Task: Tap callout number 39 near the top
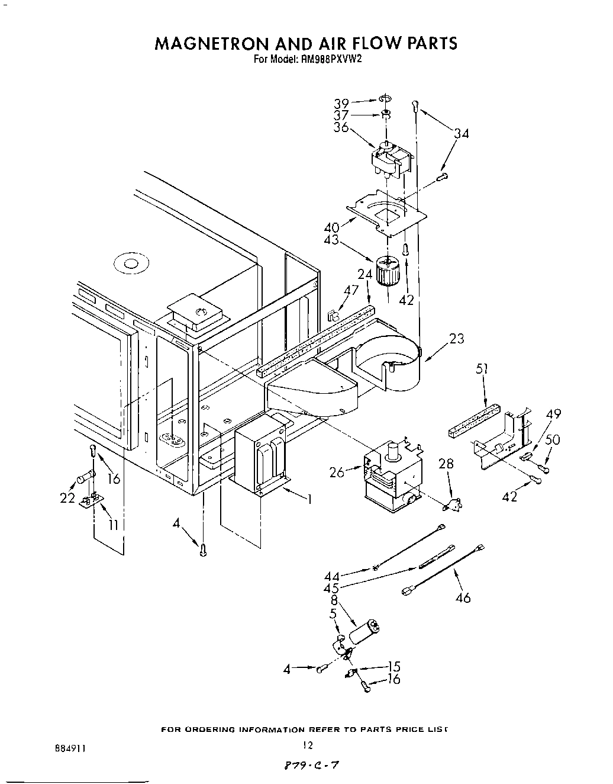[342, 102]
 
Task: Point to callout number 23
[456, 339]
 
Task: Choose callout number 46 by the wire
[463, 598]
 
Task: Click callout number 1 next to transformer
[308, 499]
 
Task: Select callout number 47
[351, 290]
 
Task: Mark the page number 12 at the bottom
[306, 745]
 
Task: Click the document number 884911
[69, 748]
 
